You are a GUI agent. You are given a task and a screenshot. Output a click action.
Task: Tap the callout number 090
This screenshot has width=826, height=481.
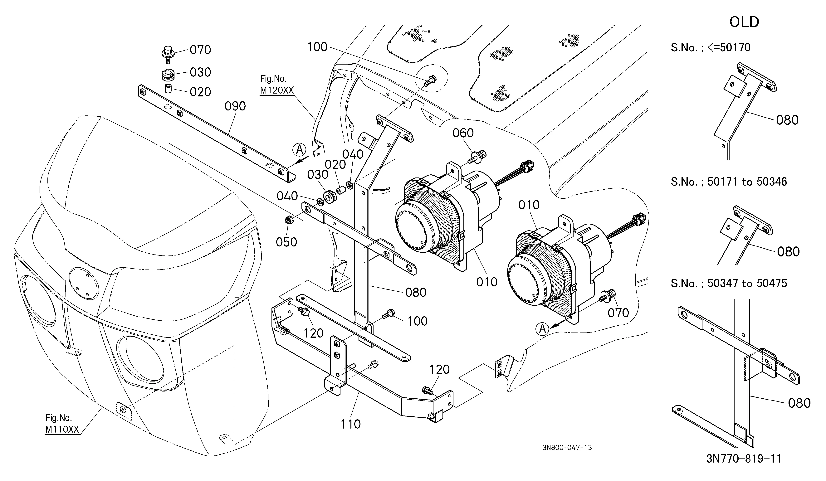pyautogui.click(x=235, y=106)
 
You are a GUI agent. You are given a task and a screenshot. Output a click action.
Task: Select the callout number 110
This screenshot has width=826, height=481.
pyautogui.click(x=351, y=424)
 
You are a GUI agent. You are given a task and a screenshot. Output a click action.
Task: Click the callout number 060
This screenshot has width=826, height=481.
pyautogui.click(x=463, y=133)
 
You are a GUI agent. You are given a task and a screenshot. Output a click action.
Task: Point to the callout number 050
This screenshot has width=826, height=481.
pyautogui.click(x=286, y=242)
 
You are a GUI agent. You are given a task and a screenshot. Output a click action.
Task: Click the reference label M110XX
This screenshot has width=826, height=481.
pyautogui.click(x=62, y=430)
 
